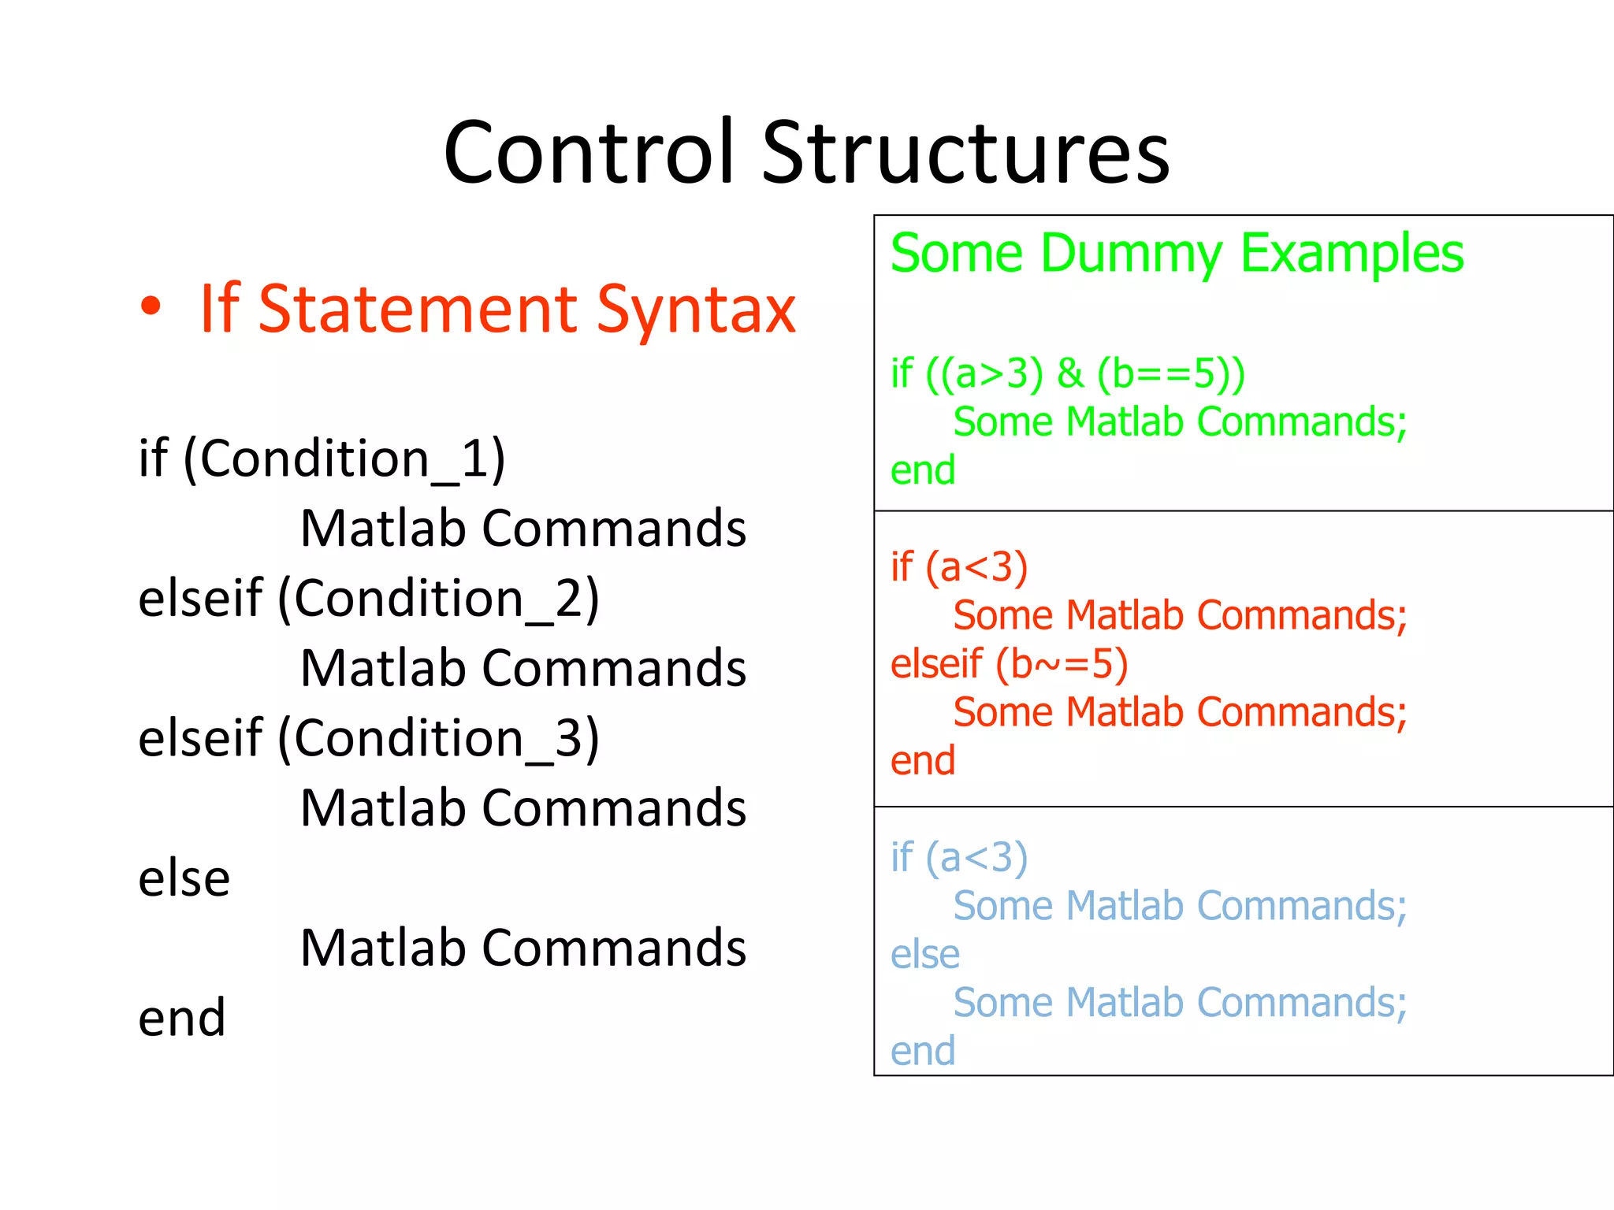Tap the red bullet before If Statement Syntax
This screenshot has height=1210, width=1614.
[x=151, y=307]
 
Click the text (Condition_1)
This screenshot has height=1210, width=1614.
[x=344, y=458]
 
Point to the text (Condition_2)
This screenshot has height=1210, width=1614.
[x=438, y=599]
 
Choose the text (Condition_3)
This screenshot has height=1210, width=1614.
[x=438, y=739]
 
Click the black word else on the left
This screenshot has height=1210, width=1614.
[x=184, y=878]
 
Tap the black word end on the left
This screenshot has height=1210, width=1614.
[x=182, y=1018]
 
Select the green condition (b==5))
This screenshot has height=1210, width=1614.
[x=1172, y=373]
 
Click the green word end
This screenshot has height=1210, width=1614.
[x=923, y=470]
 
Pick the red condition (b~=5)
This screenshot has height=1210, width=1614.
[x=1062, y=664]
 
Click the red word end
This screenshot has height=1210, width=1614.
[x=923, y=761]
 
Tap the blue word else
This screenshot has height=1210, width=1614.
[x=925, y=955]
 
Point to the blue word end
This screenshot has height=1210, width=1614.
[x=923, y=1052]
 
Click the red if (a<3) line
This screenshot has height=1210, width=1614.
[x=959, y=567]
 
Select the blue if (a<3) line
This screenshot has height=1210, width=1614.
[x=959, y=858]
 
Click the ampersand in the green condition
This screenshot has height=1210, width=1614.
[x=1070, y=373]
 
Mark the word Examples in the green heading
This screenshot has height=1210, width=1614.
[x=1352, y=254]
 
